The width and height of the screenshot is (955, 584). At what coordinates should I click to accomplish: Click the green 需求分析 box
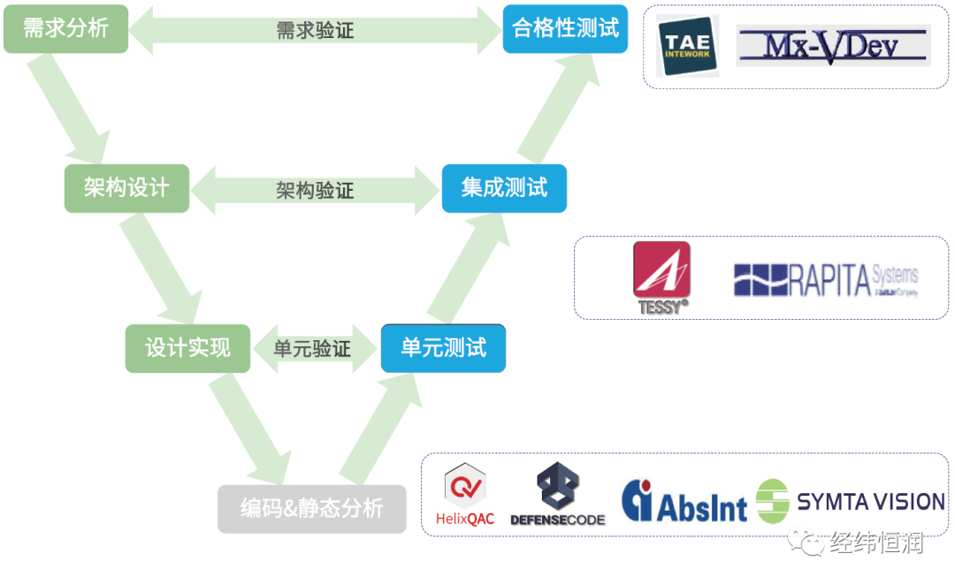point(65,28)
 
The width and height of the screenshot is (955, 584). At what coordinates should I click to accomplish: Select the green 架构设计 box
point(126,188)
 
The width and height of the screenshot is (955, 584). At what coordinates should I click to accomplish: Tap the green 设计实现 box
point(187,348)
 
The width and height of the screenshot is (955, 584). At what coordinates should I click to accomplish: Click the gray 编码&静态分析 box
point(311,509)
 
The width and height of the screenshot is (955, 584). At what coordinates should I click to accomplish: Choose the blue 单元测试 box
point(443,348)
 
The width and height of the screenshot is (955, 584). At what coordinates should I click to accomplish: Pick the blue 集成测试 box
point(504,188)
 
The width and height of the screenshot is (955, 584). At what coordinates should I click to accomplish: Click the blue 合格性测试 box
point(565,28)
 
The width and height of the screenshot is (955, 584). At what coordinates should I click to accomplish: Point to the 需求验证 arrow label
point(315,30)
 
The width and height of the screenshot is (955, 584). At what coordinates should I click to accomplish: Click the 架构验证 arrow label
point(315,190)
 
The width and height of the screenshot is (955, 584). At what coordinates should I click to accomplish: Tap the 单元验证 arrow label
point(312,349)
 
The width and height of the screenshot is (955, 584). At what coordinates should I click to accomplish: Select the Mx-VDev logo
point(831,46)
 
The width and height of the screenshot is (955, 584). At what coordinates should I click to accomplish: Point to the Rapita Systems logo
point(826,280)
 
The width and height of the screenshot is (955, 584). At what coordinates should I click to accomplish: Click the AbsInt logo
point(684,501)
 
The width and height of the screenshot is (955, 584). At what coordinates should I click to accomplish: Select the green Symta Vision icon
point(773,502)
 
